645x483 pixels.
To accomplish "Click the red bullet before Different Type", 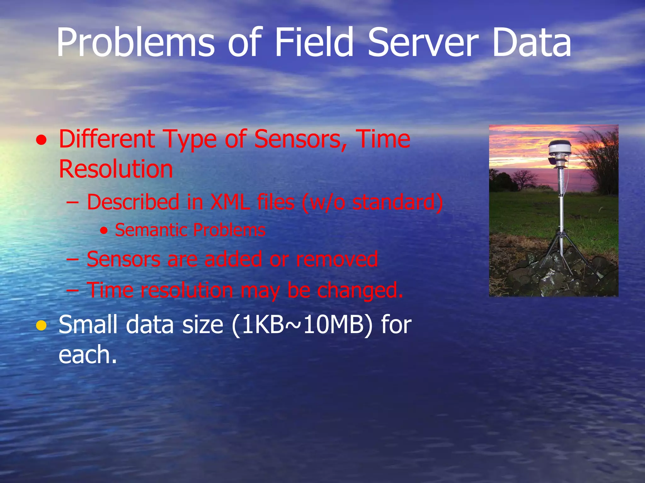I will point(41,141).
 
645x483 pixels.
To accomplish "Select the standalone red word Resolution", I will point(116,169).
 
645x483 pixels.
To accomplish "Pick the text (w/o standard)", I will point(372,202).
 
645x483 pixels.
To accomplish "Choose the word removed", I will point(337,259).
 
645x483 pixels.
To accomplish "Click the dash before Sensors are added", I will point(73,260).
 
